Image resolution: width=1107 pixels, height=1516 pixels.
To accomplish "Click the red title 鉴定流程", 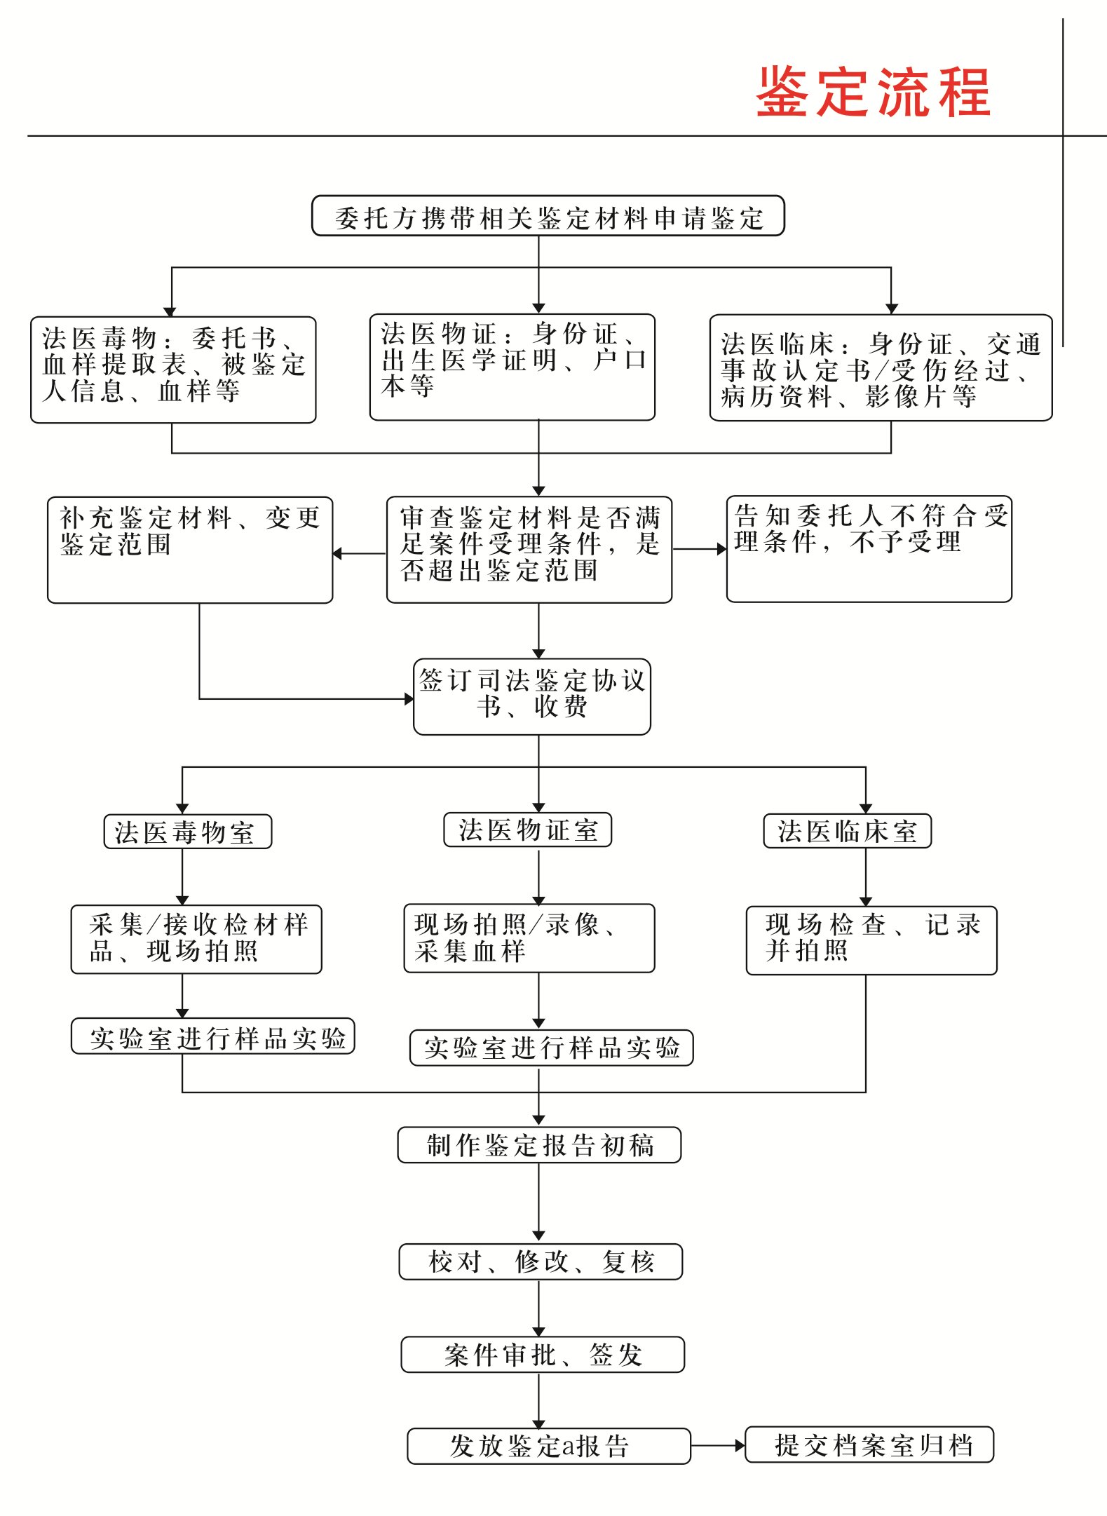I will point(872,92).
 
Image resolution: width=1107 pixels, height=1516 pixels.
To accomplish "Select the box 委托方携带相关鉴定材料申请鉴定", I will point(548,216).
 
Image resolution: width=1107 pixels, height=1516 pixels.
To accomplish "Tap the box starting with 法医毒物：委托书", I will point(173,370).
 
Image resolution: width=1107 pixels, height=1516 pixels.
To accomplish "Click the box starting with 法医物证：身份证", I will point(512,367).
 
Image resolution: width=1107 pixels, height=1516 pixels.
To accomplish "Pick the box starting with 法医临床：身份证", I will point(881,368).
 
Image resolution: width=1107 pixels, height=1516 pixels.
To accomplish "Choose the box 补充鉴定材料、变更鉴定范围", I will point(189,550).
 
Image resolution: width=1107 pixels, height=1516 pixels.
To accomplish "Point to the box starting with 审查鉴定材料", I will point(529,550).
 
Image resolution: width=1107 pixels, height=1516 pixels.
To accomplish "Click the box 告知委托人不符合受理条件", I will point(869,549).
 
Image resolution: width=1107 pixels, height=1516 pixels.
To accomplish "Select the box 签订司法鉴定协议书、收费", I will point(531,696).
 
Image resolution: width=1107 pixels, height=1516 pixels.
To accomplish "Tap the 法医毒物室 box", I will point(187,832).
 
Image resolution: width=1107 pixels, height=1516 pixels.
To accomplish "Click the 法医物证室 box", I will point(527,830).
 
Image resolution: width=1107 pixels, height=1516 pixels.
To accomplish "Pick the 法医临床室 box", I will point(847,831).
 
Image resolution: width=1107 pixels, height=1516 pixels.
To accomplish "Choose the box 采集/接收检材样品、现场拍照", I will point(196,939).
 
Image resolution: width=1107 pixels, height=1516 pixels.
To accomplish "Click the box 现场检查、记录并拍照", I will point(871,940).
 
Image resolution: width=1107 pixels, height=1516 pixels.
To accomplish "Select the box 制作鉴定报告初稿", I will point(539,1145).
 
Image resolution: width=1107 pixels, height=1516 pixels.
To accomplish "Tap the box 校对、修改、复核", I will point(541,1261).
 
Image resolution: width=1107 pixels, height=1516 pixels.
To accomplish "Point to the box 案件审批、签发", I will point(542,1354).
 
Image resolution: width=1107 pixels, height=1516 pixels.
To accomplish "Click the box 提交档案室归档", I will point(869,1444).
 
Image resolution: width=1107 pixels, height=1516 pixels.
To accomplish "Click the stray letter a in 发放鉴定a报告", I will point(566,1446).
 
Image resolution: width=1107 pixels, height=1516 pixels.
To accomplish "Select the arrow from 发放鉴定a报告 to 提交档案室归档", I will point(717,1445).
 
